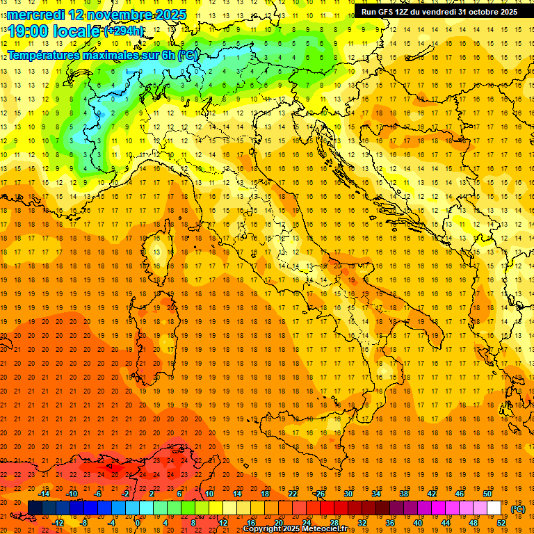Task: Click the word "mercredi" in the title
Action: (36, 14)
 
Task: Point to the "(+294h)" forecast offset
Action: (124, 31)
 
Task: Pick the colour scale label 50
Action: (487, 494)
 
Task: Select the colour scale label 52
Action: (501, 523)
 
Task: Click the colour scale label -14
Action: (44, 494)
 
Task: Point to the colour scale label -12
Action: (58, 523)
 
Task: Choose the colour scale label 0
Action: (138, 523)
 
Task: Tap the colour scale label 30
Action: (348, 494)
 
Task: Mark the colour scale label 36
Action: (389, 523)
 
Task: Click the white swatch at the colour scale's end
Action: (494, 508)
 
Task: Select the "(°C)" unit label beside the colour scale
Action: (518, 509)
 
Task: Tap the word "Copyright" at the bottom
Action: (262, 529)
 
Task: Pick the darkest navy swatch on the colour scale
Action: (35, 508)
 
